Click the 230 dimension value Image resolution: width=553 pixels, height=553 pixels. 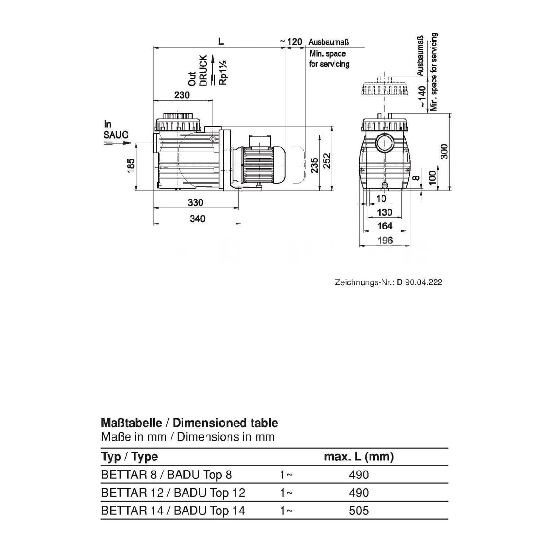(182, 95)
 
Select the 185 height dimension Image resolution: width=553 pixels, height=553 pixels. (130, 165)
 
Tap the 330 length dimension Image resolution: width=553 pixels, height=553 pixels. (195, 202)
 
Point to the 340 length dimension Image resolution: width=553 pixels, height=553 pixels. (197, 219)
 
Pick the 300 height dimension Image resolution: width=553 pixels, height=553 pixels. (444, 151)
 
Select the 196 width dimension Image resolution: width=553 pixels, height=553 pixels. (384, 240)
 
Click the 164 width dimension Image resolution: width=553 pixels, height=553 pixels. (384, 226)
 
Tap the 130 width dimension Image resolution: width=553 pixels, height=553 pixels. (384, 212)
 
